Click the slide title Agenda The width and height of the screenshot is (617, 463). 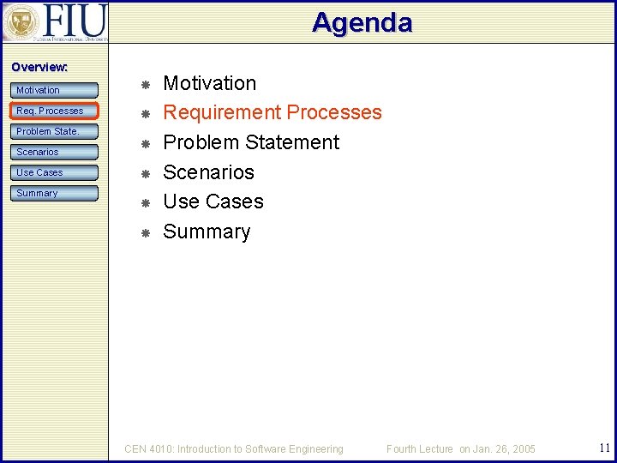click(x=362, y=22)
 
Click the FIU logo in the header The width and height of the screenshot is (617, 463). click(x=55, y=21)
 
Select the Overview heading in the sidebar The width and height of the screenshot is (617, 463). click(x=39, y=67)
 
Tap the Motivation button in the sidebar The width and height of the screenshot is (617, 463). click(x=55, y=90)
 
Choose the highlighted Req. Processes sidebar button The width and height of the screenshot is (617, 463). click(x=55, y=111)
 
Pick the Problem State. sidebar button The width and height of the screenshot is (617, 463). click(x=55, y=131)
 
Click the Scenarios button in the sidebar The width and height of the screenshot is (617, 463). click(x=55, y=152)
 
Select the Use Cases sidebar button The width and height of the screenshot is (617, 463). click(x=55, y=172)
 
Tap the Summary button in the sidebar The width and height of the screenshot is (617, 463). click(x=55, y=193)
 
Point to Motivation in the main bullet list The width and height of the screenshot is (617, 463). click(x=209, y=83)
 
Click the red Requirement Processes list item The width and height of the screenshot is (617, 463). click(x=272, y=112)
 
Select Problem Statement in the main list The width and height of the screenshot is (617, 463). click(x=250, y=142)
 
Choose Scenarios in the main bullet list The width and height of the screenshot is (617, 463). click(x=208, y=172)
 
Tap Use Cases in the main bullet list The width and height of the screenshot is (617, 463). click(x=213, y=201)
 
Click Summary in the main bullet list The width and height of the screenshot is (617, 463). click(x=207, y=231)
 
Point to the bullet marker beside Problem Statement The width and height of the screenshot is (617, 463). click(x=146, y=144)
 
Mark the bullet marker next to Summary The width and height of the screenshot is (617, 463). click(x=146, y=233)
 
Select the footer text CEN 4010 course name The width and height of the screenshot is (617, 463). click(x=233, y=448)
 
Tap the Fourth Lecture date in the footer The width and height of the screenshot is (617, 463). click(x=460, y=448)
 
